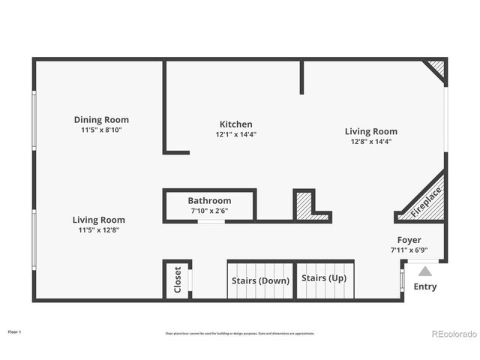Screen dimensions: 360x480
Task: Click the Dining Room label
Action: pyautogui.click(x=101, y=119)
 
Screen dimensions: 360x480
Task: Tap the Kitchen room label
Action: pyautogui.click(x=235, y=124)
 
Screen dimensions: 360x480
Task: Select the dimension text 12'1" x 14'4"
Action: pyautogui.click(x=235, y=135)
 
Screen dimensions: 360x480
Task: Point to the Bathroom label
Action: pyautogui.click(x=209, y=201)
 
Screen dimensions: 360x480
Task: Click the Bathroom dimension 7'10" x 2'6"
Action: pyautogui.click(x=209, y=211)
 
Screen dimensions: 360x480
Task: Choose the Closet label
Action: pyautogui.click(x=178, y=280)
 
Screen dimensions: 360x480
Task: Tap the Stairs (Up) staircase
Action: pyautogui.click(x=324, y=278)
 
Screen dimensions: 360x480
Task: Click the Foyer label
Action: pyautogui.click(x=409, y=240)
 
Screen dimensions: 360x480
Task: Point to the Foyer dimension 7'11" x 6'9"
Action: pyautogui.click(x=409, y=250)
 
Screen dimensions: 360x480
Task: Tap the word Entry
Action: pyautogui.click(x=424, y=286)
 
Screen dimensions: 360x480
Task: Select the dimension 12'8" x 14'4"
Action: pyautogui.click(x=370, y=141)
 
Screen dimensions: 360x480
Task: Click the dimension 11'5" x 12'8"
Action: pyautogui.click(x=98, y=230)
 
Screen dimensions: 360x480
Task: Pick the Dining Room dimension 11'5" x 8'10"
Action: pyautogui.click(x=101, y=130)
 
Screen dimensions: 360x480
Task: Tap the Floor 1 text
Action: pyautogui.click(x=15, y=331)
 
